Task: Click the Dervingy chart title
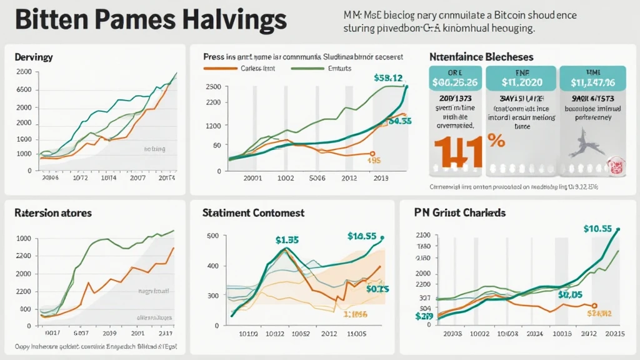33,57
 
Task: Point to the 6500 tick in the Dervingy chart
23,90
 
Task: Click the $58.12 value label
387,78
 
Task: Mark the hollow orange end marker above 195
372,153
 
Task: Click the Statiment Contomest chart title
253,213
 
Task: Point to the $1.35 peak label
287,239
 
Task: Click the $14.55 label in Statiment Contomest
362,236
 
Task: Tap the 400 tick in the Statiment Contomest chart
212,266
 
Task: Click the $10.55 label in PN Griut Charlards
597,229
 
